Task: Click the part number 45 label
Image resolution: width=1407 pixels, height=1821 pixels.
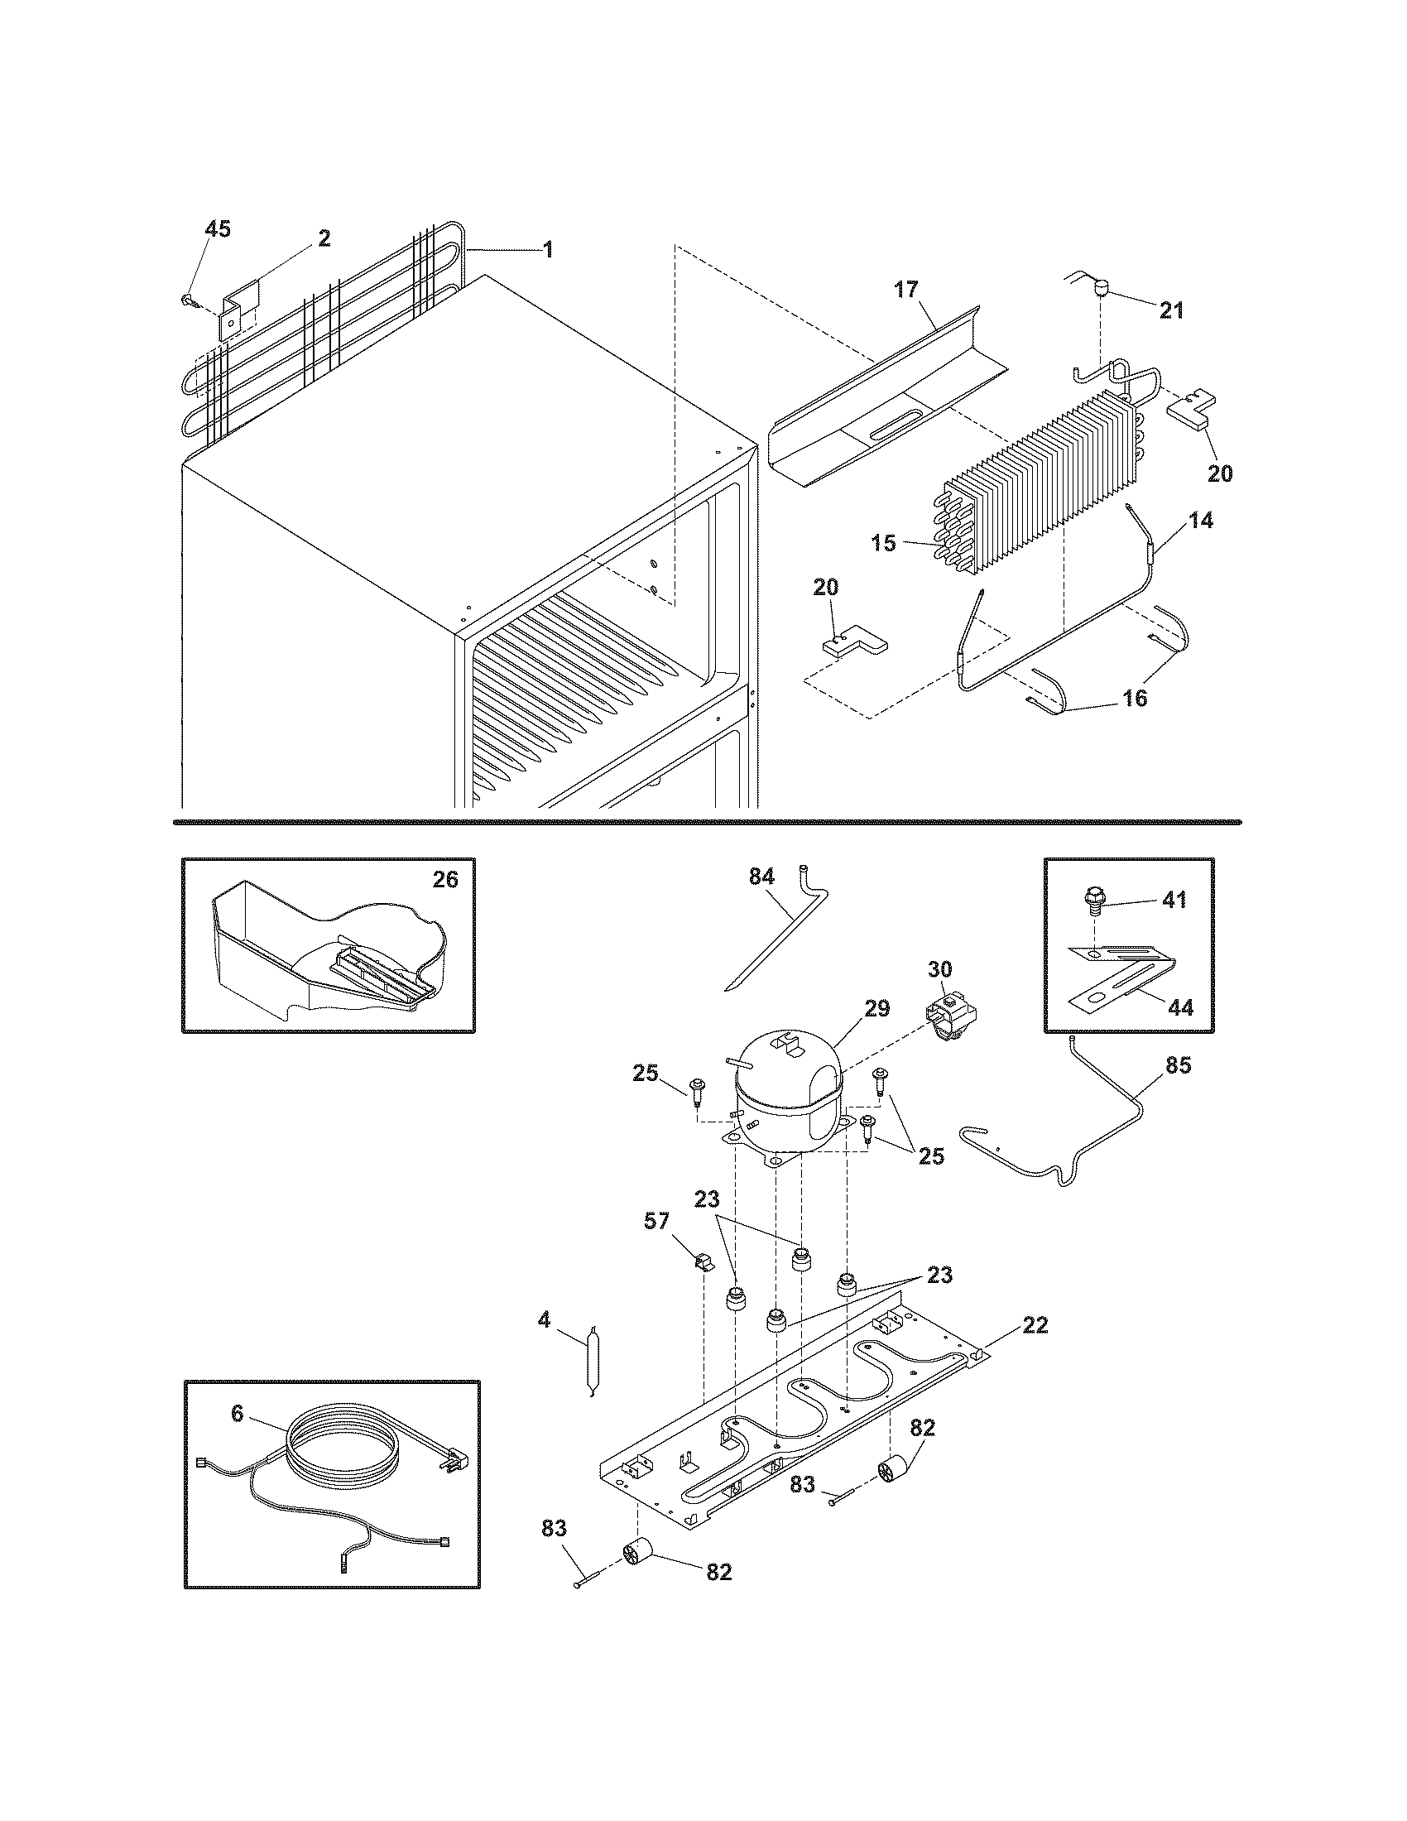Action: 218,229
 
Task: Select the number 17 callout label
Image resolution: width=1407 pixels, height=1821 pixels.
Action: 906,290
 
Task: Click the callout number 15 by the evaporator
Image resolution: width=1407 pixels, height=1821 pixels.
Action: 885,544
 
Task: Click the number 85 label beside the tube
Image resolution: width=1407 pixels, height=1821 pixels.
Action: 1179,1065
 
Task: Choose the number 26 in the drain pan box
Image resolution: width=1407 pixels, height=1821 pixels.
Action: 445,879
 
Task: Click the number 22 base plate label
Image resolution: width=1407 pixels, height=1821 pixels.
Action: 1035,1324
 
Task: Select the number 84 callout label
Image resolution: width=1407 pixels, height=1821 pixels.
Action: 761,877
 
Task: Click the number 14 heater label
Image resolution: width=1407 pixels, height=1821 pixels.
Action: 1200,521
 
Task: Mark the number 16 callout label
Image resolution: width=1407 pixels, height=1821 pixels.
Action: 1135,698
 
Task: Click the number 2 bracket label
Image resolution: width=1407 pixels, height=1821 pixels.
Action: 324,238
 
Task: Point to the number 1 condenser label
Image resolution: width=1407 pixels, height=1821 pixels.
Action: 547,248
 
